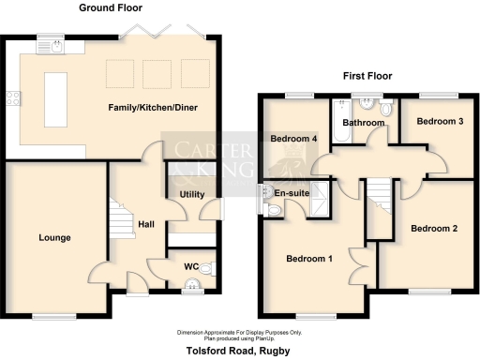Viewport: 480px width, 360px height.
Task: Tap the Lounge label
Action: click(x=54, y=238)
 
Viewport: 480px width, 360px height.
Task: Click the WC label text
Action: click(x=190, y=266)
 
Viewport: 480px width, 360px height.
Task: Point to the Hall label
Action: click(x=146, y=225)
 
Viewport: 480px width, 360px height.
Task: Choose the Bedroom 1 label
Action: click(x=309, y=259)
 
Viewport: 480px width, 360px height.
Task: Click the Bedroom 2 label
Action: click(x=434, y=229)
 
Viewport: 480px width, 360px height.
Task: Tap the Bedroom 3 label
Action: click(x=440, y=122)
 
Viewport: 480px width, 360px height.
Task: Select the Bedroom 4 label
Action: click(x=293, y=140)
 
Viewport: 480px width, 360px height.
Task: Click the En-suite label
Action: click(x=292, y=192)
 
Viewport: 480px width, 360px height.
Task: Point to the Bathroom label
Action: click(x=363, y=123)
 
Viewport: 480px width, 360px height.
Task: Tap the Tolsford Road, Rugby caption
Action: click(x=240, y=350)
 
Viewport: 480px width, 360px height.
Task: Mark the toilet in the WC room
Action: click(x=207, y=269)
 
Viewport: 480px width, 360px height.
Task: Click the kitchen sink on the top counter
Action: click(x=49, y=44)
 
